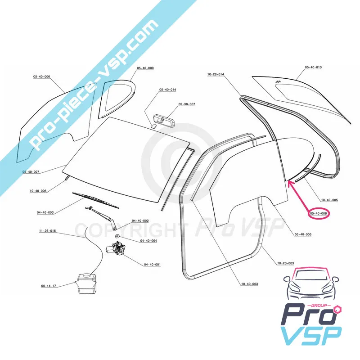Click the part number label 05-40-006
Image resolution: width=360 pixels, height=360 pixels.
[x=41, y=77]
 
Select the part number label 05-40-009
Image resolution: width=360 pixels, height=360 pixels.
[x=145, y=68]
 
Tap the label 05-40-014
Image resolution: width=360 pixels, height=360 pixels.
[x=167, y=90]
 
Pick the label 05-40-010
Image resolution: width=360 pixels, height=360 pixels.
[x=313, y=67]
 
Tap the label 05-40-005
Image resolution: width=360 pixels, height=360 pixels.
[x=303, y=234]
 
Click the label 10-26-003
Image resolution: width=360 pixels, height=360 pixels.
[x=285, y=263]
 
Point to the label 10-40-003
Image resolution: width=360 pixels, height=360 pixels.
[x=249, y=283]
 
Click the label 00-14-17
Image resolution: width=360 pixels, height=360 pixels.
[x=48, y=286]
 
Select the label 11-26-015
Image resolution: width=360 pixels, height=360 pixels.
[x=47, y=231]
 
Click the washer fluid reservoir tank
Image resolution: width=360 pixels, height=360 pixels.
[x=86, y=283]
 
